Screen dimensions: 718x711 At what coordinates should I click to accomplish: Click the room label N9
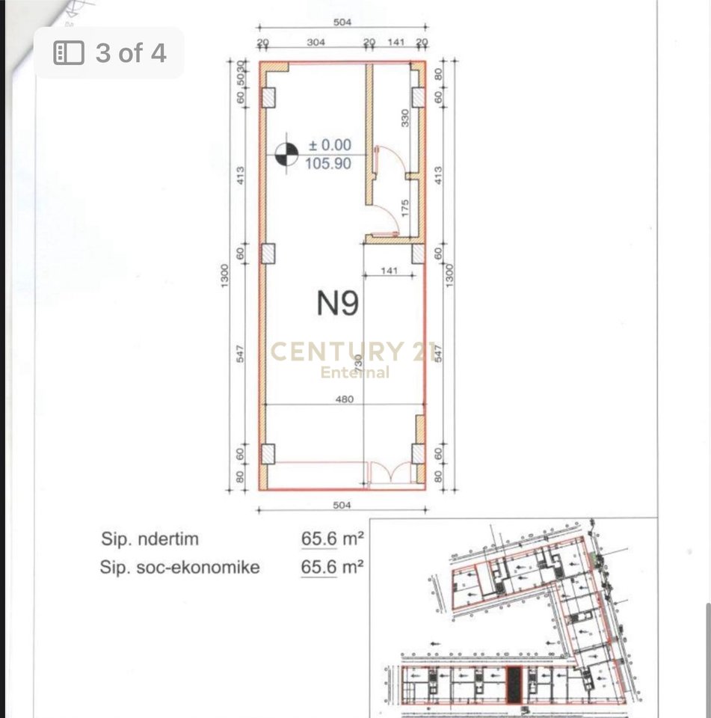(x=338, y=303)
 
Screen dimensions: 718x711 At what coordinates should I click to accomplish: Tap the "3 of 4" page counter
(x=130, y=53)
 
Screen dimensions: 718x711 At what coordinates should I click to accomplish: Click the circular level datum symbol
(x=286, y=154)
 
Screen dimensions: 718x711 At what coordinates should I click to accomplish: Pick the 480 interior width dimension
(x=343, y=399)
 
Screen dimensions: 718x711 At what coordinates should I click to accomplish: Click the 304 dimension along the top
(x=316, y=43)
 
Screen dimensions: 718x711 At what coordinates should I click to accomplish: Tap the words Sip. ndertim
(x=150, y=538)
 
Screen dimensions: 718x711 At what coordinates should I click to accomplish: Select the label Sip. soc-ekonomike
(x=179, y=568)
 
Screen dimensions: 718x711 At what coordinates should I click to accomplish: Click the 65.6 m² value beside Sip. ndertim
(x=332, y=538)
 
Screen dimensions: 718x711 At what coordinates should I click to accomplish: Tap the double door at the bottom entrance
(x=391, y=473)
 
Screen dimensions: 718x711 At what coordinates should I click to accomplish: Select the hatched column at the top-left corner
(x=268, y=97)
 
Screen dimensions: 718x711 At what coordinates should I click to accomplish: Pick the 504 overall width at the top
(x=342, y=22)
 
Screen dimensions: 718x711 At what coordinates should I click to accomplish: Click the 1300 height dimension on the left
(x=225, y=275)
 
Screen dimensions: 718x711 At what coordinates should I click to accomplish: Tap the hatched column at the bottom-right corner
(x=418, y=453)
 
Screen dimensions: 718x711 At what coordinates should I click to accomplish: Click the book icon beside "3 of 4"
(x=69, y=53)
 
